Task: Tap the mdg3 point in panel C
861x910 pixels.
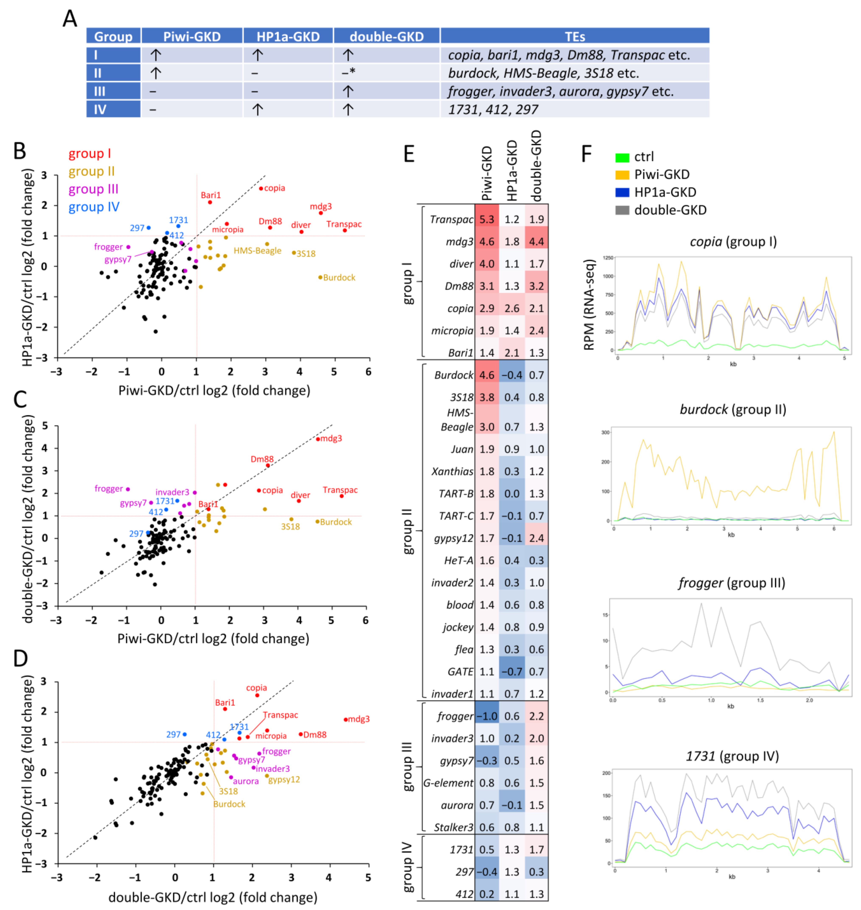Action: [318, 439]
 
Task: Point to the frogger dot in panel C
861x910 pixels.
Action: [128, 489]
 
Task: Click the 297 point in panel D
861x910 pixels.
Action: [184, 734]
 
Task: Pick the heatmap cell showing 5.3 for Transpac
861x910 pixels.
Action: [487, 219]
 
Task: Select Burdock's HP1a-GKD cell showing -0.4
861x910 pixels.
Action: [512, 375]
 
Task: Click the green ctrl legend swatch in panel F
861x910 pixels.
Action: [622, 157]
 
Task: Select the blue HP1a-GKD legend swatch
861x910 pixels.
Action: [622, 193]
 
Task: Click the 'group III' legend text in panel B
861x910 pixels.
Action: [94, 189]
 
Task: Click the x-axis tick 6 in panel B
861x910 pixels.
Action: [368, 372]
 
